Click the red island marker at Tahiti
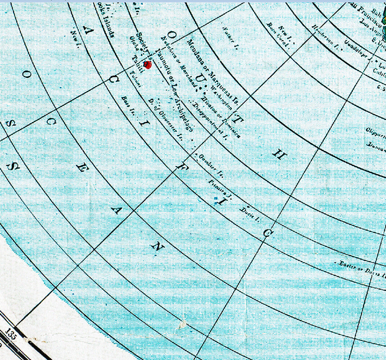(x=147, y=65)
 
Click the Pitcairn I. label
(x=221, y=189)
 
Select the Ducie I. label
(x=250, y=213)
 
